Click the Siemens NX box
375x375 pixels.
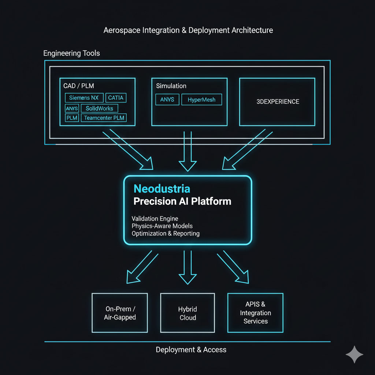[84, 98]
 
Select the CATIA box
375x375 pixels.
[116, 98]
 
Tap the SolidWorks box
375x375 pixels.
[99, 108]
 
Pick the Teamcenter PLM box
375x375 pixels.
[104, 118]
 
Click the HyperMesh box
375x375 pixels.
[201, 100]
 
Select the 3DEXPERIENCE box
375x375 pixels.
[278, 101]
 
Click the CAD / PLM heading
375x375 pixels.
[79, 86]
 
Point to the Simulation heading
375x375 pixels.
[171, 86]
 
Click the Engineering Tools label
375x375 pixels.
[71, 53]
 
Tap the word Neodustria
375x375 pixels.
[162, 189]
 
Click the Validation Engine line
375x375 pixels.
[155, 219]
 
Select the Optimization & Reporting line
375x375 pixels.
[166, 233]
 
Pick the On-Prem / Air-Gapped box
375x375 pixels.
[120, 313]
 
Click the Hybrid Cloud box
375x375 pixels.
[187, 313]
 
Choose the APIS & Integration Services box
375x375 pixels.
[255, 313]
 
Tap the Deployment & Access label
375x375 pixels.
[191, 350]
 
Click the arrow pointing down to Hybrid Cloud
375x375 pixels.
[187, 267]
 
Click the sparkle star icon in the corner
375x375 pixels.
[354, 354]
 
